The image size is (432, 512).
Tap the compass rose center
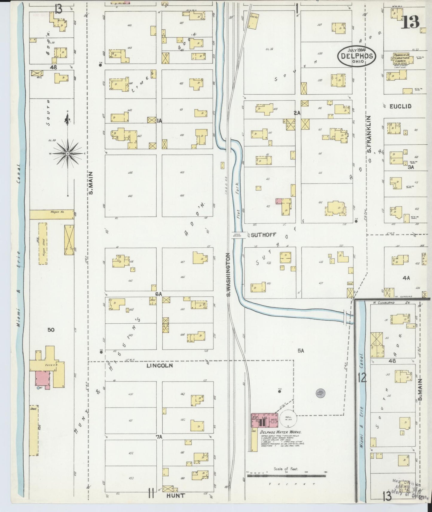(68, 153)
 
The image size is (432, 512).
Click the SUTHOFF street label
(263, 235)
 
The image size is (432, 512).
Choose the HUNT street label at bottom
(176, 496)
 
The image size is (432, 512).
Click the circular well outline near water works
(288, 418)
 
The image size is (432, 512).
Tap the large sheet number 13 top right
(410, 22)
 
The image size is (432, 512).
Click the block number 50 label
(51, 330)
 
